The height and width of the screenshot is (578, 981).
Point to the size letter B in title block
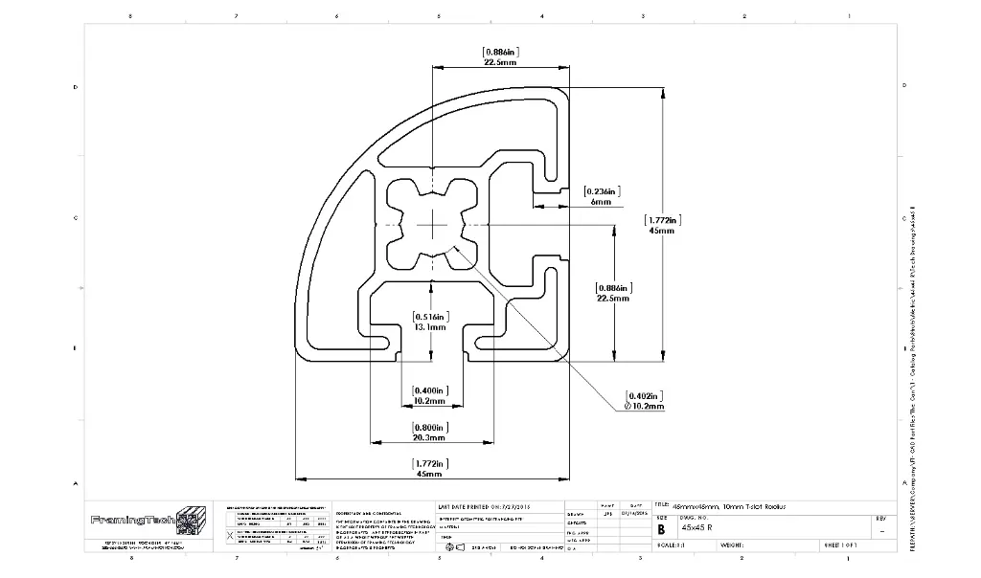(660, 527)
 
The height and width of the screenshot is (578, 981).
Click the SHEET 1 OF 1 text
(840, 545)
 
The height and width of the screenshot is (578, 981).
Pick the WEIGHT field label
(733, 545)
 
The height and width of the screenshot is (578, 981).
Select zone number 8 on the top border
(130, 16)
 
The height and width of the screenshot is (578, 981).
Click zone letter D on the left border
(76, 87)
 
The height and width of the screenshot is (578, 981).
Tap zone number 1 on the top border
(849, 16)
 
